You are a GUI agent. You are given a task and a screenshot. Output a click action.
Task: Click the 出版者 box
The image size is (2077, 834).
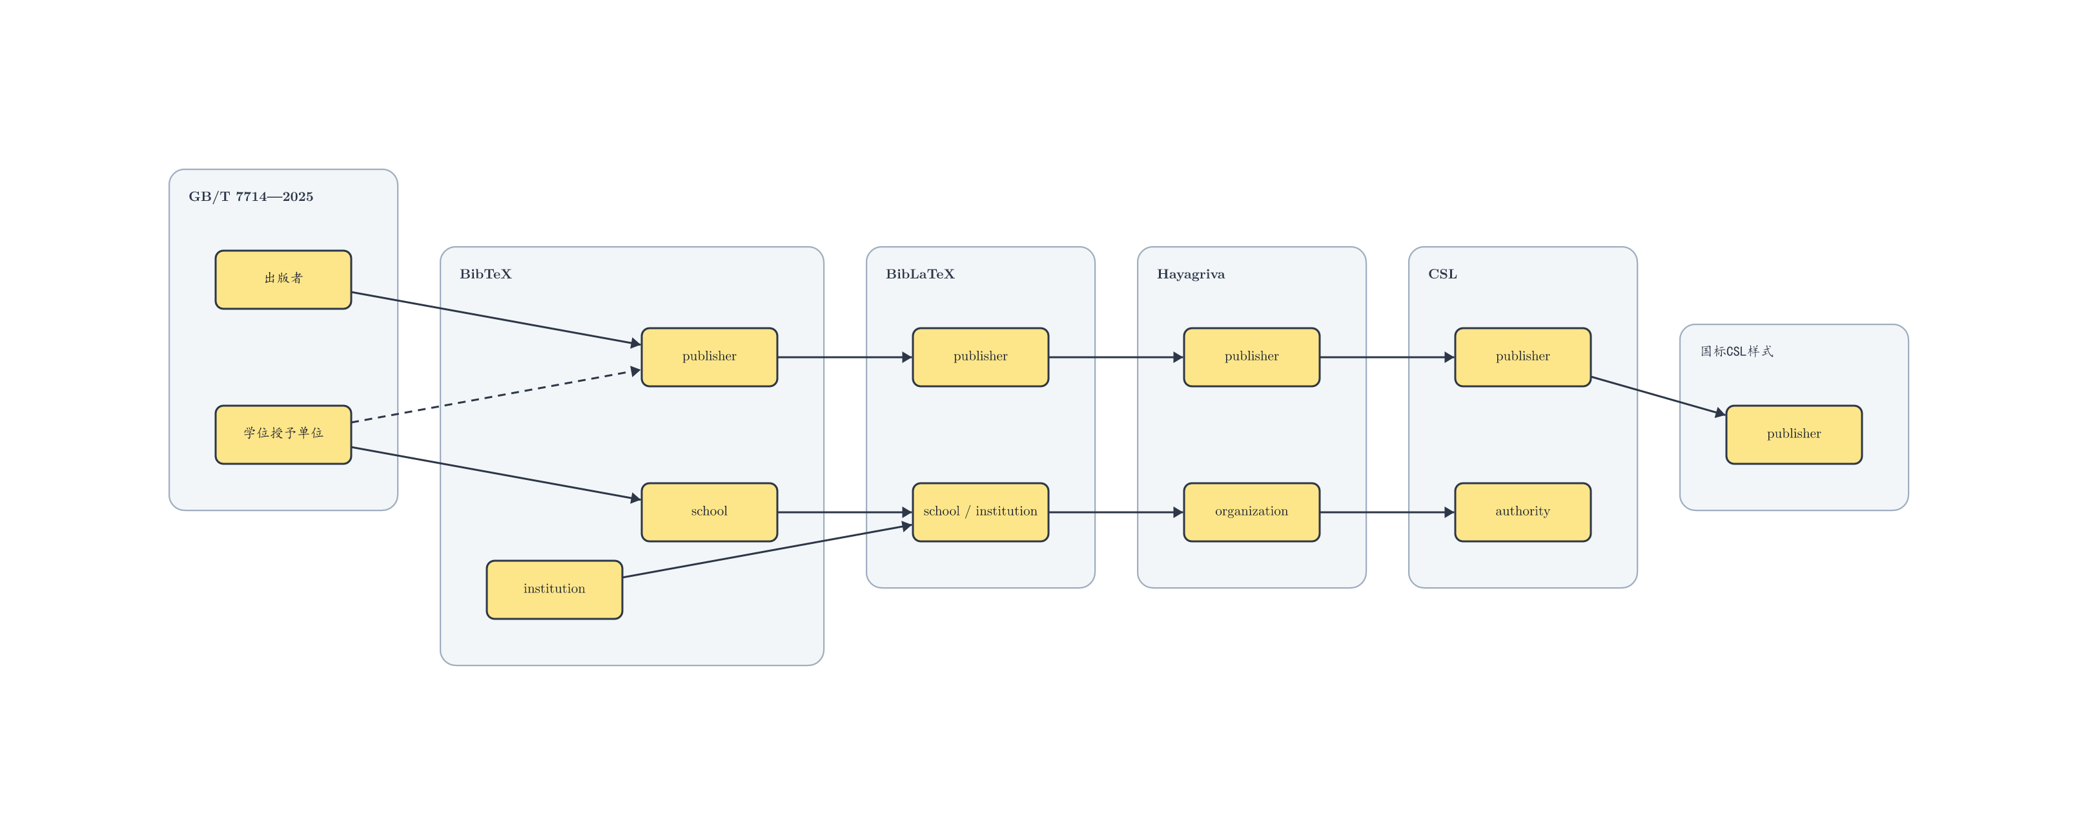283,279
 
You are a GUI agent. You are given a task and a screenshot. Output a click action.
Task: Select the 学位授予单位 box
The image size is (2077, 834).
283,435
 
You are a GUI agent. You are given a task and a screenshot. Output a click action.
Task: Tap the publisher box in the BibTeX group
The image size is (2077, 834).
710,357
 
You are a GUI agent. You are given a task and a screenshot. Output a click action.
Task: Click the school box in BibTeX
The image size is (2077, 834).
710,512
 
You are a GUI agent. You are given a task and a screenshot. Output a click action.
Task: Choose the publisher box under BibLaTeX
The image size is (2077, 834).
981,357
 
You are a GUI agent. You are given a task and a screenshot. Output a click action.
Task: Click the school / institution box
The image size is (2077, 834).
981,512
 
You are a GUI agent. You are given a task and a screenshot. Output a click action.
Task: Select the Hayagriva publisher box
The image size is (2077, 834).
1251,357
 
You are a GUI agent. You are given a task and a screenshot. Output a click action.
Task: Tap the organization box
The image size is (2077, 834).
1251,512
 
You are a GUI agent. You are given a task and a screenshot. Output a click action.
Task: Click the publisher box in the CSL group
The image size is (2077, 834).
1523,357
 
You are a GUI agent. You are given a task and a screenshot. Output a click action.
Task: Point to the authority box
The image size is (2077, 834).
1523,512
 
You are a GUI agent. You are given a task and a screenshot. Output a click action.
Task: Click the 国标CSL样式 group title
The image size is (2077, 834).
1737,351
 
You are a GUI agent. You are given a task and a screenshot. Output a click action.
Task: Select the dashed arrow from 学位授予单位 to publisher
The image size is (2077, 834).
496,395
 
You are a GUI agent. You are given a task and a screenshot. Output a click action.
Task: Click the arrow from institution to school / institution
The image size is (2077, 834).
768,551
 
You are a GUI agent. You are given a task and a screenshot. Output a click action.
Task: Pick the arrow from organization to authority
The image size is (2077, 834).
1387,512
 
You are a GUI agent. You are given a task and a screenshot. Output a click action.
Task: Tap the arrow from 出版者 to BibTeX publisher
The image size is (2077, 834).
496,318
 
